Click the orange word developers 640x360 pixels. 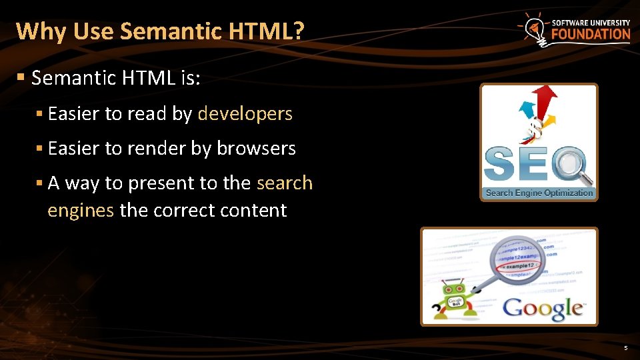click(x=245, y=114)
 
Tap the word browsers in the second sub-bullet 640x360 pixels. click(x=256, y=149)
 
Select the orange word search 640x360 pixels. click(x=285, y=183)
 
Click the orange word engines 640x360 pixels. click(x=81, y=211)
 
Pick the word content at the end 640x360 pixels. click(x=256, y=211)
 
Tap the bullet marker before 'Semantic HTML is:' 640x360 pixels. click(x=21, y=78)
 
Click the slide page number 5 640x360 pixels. click(x=625, y=348)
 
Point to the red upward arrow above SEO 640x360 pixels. click(x=545, y=100)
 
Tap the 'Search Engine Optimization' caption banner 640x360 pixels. click(x=539, y=193)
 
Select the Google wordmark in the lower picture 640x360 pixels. click(x=543, y=308)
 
